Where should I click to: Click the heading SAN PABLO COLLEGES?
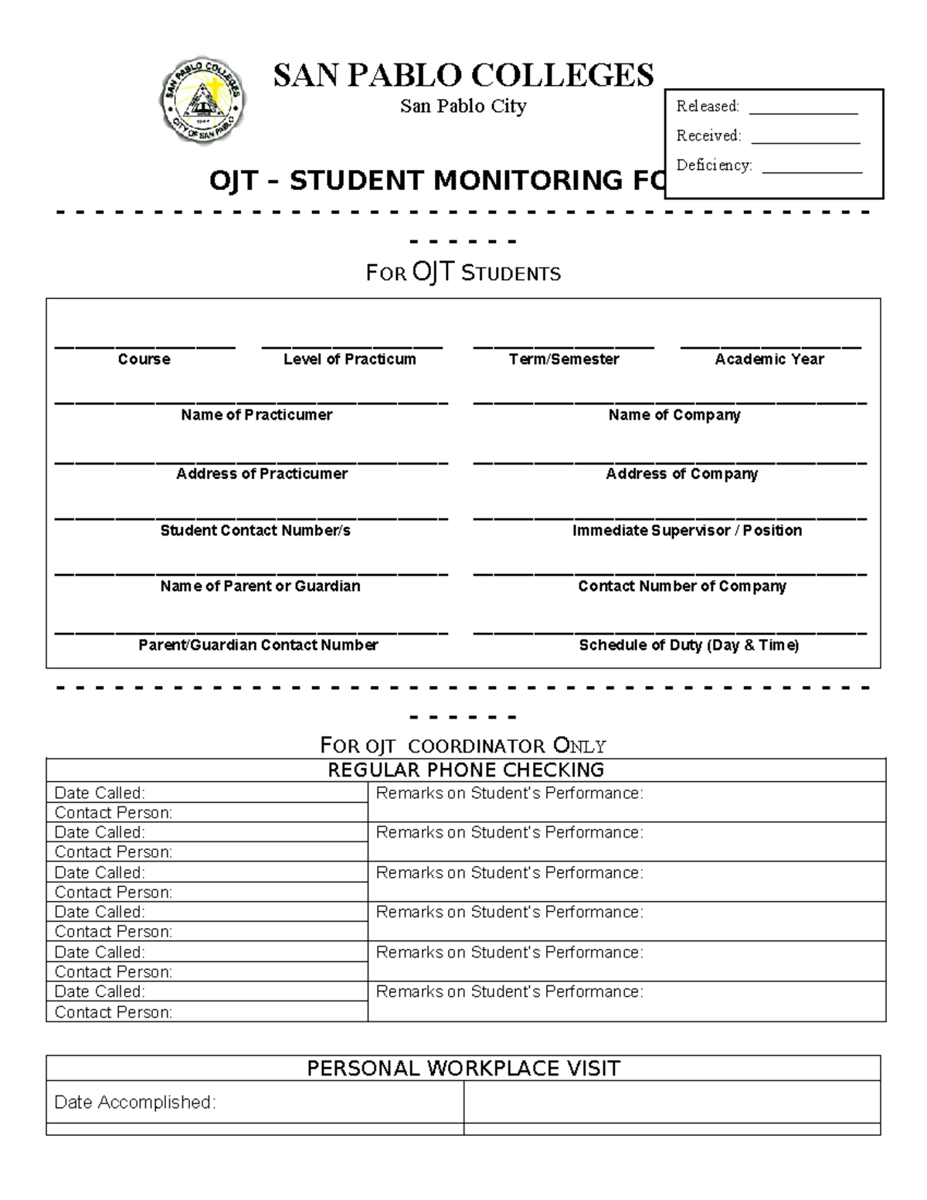click(x=463, y=76)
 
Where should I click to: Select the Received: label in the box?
click(x=708, y=136)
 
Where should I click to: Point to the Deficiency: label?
click(x=714, y=165)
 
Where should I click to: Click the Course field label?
click(x=144, y=359)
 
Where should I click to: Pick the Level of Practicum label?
click(x=349, y=359)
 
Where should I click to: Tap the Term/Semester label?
click(x=564, y=359)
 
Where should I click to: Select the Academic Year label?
click(x=769, y=359)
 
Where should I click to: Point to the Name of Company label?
click(x=674, y=415)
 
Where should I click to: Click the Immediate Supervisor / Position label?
click(x=687, y=531)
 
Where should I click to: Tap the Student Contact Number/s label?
click(x=256, y=531)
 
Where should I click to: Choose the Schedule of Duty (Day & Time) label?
click(x=689, y=645)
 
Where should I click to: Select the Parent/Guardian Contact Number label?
click(x=258, y=645)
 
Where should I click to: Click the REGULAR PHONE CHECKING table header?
click(x=466, y=770)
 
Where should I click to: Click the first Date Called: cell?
click(x=207, y=793)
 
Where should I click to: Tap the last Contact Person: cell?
click(x=207, y=1012)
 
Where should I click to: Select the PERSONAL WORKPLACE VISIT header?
click(x=463, y=1069)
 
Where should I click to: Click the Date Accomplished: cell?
click(x=255, y=1103)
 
